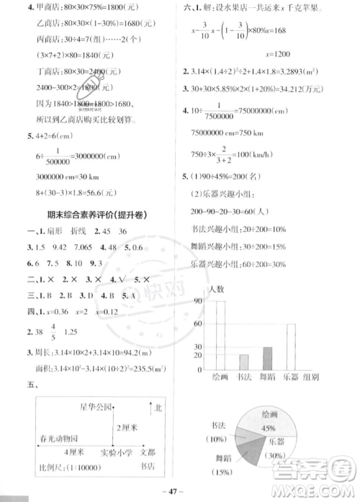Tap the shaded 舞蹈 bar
point(267,358)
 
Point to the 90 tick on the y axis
point(199,302)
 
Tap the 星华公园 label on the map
point(96,408)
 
